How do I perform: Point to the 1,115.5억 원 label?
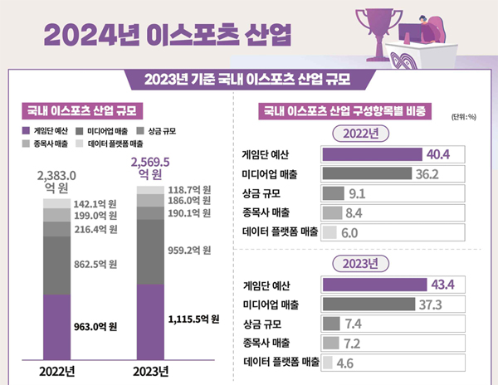pyautogui.click(x=193, y=318)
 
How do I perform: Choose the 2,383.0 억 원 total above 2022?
pyautogui.click(x=56, y=182)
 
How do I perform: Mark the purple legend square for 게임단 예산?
pyautogui.click(x=25, y=131)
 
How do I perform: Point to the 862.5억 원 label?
pyautogui.click(x=95, y=265)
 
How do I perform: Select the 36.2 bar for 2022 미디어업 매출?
pyautogui.click(x=366, y=174)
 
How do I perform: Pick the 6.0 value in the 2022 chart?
pyautogui.click(x=349, y=233)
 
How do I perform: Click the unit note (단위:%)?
pyautogui.click(x=463, y=115)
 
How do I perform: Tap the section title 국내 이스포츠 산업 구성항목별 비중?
pyautogui.click(x=349, y=110)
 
